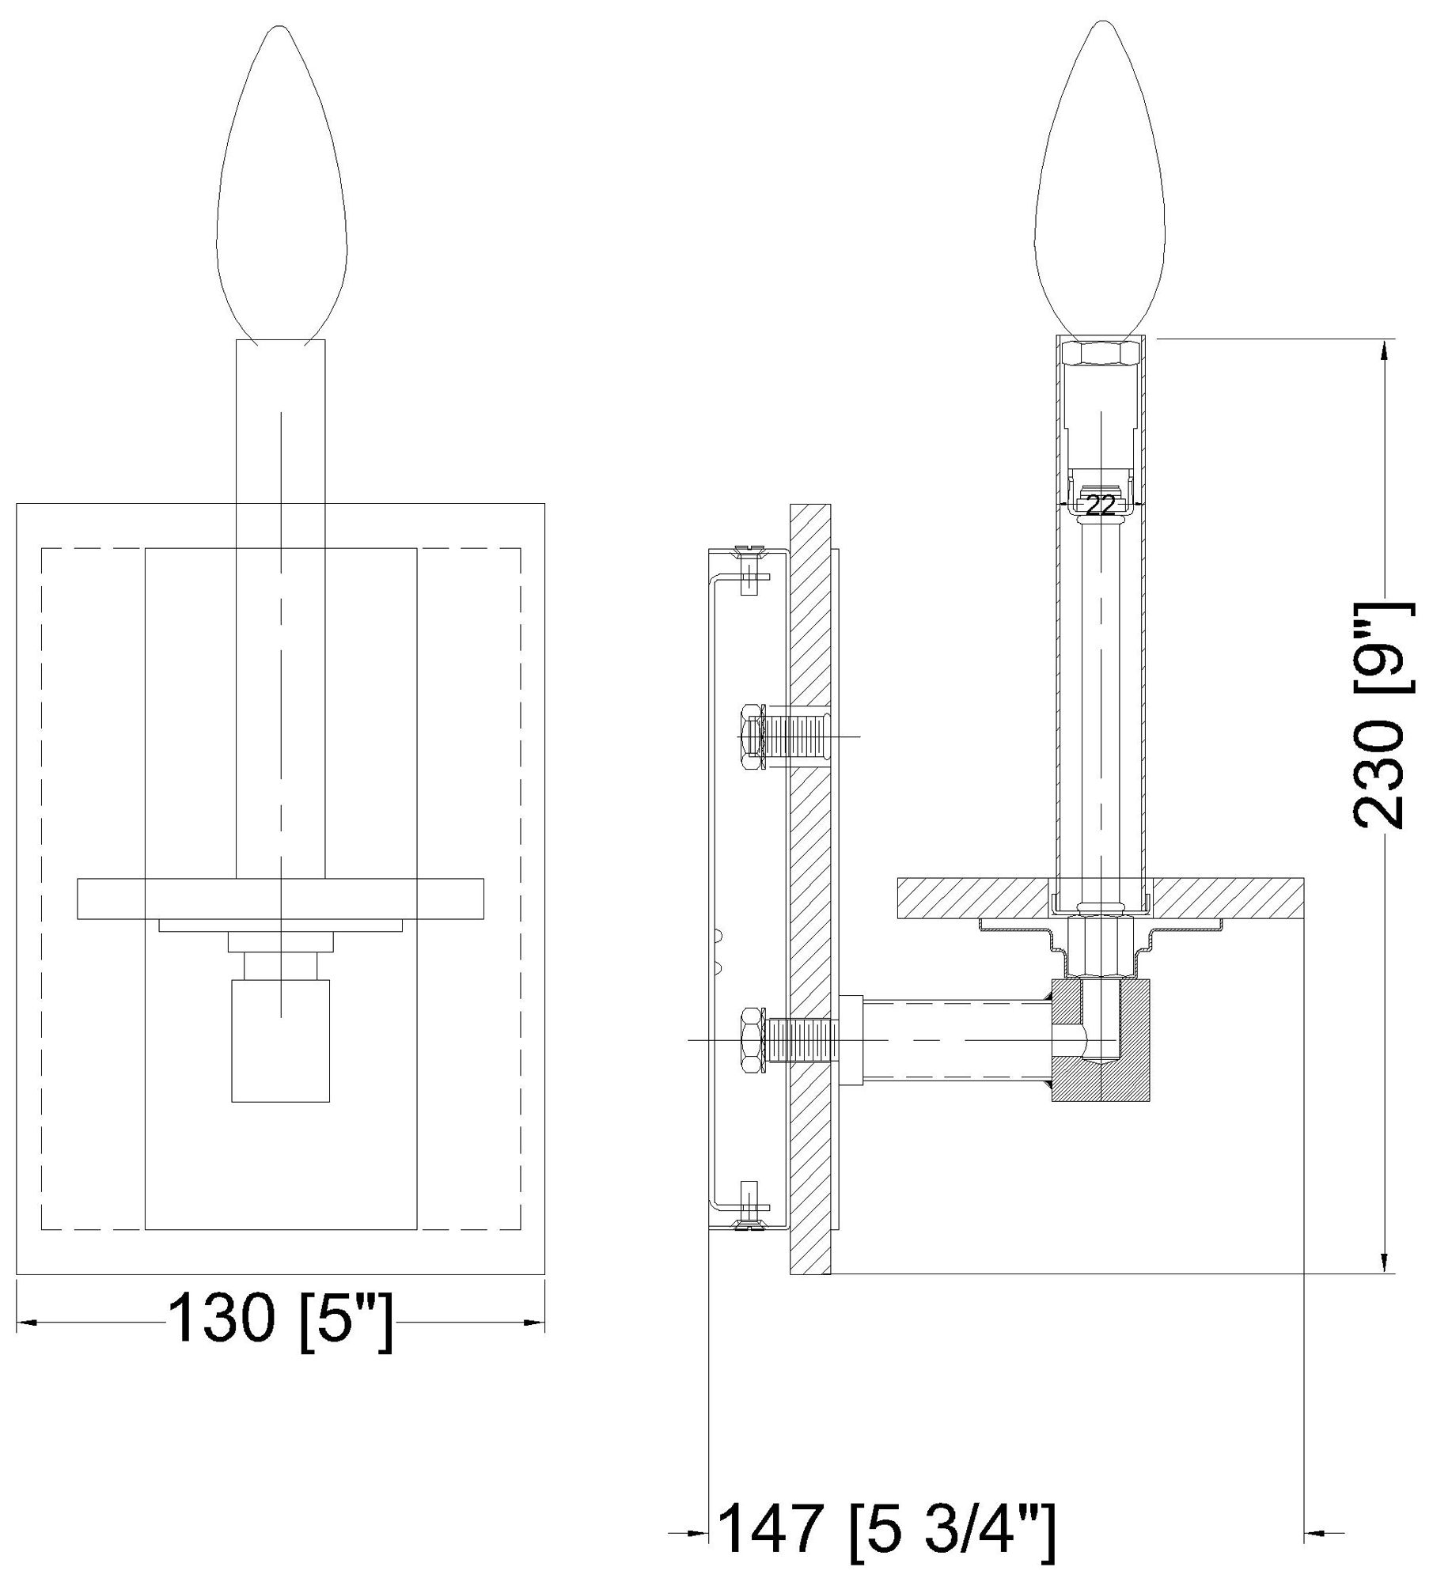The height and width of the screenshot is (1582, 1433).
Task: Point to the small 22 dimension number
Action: (x=1100, y=505)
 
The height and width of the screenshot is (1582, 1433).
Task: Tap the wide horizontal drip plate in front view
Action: (x=280, y=899)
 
